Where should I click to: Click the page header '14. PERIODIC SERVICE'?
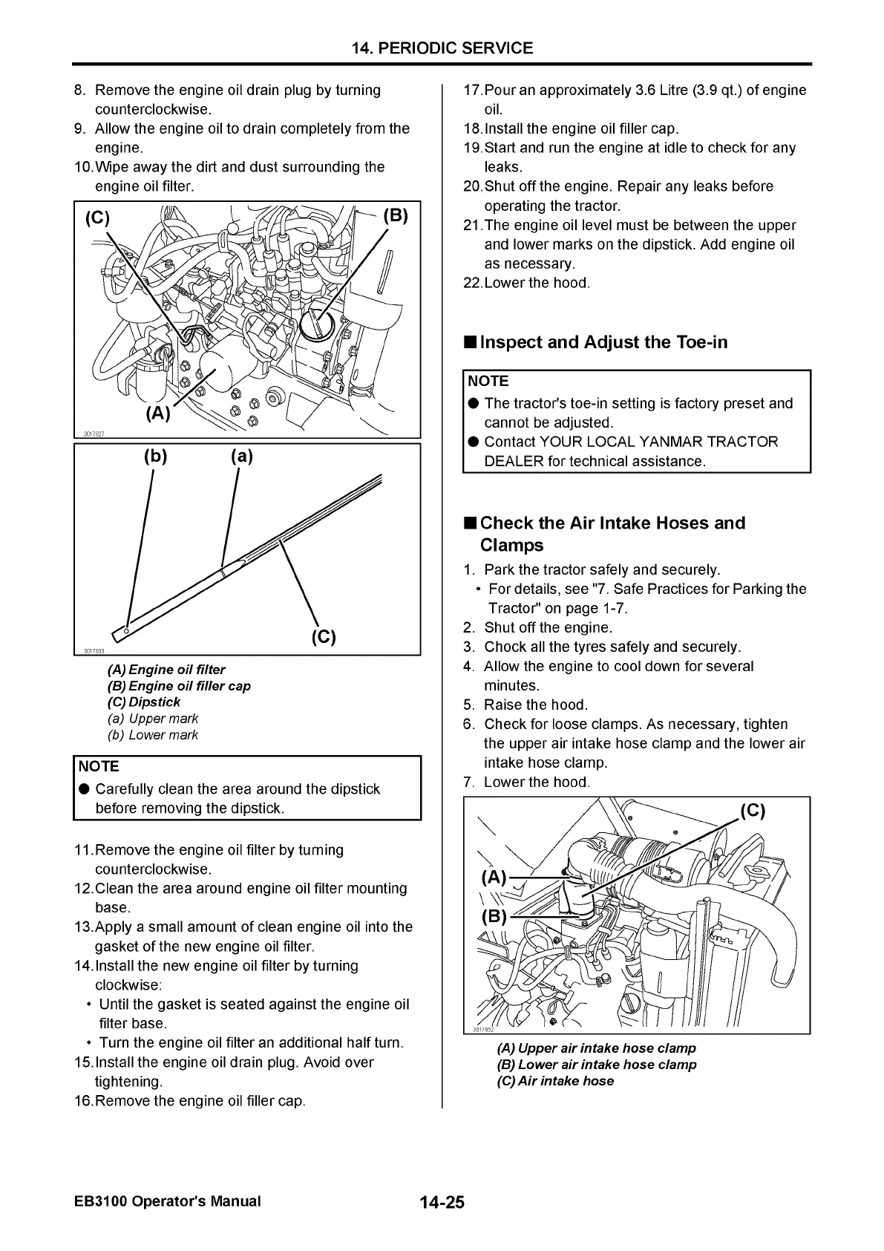point(442,48)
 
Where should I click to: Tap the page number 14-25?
point(442,1202)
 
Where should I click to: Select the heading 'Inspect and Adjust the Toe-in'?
point(603,342)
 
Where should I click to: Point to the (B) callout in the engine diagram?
point(396,216)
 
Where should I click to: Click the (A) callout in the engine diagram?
point(158,413)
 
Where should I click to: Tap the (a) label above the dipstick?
point(242,456)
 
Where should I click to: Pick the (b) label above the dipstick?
point(155,456)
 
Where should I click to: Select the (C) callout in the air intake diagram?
point(752,810)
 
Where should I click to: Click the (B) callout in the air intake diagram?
point(494,915)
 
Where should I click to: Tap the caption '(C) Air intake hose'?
point(555,1081)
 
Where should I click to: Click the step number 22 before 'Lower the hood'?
point(471,283)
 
